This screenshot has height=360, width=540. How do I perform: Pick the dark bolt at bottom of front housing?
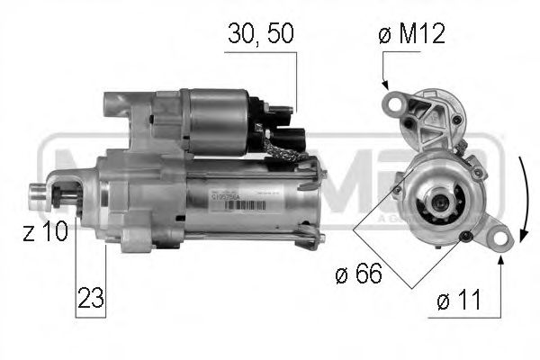(x=463, y=236)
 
